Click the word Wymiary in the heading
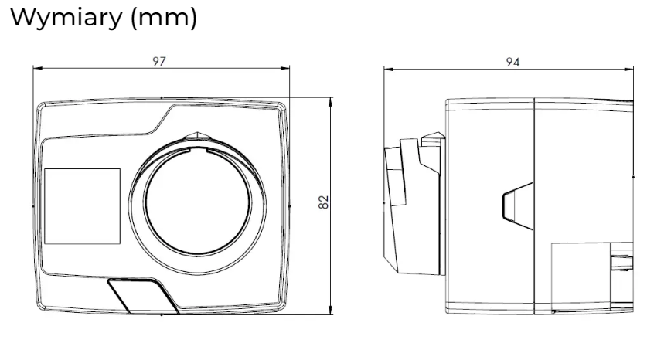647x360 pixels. coord(66,18)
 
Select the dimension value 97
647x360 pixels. coord(159,62)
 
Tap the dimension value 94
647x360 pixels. coord(512,63)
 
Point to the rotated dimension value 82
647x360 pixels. coord(324,202)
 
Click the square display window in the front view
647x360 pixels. coord(82,206)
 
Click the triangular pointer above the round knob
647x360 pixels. coord(197,137)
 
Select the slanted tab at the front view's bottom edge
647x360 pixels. coord(143,296)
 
